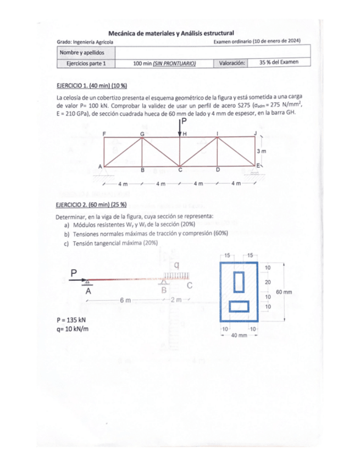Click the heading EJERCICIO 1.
coord(75,86)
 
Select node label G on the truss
coord(142,134)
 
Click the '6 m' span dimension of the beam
coord(125,300)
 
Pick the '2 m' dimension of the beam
coord(176,300)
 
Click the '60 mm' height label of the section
coord(284,292)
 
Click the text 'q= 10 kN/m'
coord(73,329)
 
